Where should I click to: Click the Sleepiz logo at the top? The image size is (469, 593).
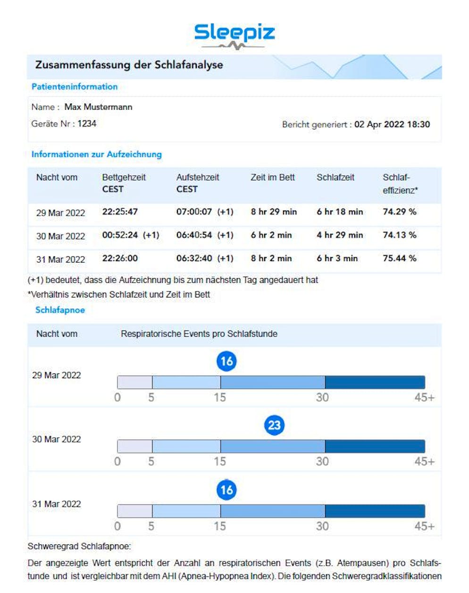tap(234, 36)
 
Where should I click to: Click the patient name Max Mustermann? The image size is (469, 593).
tap(98, 107)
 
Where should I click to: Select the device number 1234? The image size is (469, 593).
tap(87, 124)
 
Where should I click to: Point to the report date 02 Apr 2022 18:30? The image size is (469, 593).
tap(392, 124)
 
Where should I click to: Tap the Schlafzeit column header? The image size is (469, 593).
tap(335, 178)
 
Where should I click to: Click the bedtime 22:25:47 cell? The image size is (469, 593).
tap(120, 212)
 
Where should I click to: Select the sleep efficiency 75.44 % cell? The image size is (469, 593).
tap(399, 258)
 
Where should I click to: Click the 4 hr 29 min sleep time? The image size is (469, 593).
tap(340, 235)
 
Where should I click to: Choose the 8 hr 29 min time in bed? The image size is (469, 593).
tap(274, 212)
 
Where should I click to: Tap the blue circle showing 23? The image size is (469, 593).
tap(274, 425)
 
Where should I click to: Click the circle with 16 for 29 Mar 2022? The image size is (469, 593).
tap(226, 361)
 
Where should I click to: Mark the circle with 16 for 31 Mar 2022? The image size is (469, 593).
tap(226, 490)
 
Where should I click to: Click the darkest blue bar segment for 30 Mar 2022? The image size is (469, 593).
tap(375, 447)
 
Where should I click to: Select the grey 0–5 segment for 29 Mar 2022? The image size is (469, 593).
tap(134, 382)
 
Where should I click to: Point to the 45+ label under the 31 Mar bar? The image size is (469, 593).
tap(424, 526)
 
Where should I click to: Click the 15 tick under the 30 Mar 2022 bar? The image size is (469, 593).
tap(220, 462)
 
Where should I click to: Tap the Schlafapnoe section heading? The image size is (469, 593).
tap(60, 310)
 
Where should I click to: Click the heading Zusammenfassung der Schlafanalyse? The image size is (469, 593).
tap(129, 65)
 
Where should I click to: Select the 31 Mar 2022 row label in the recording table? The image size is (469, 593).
tap(60, 260)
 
